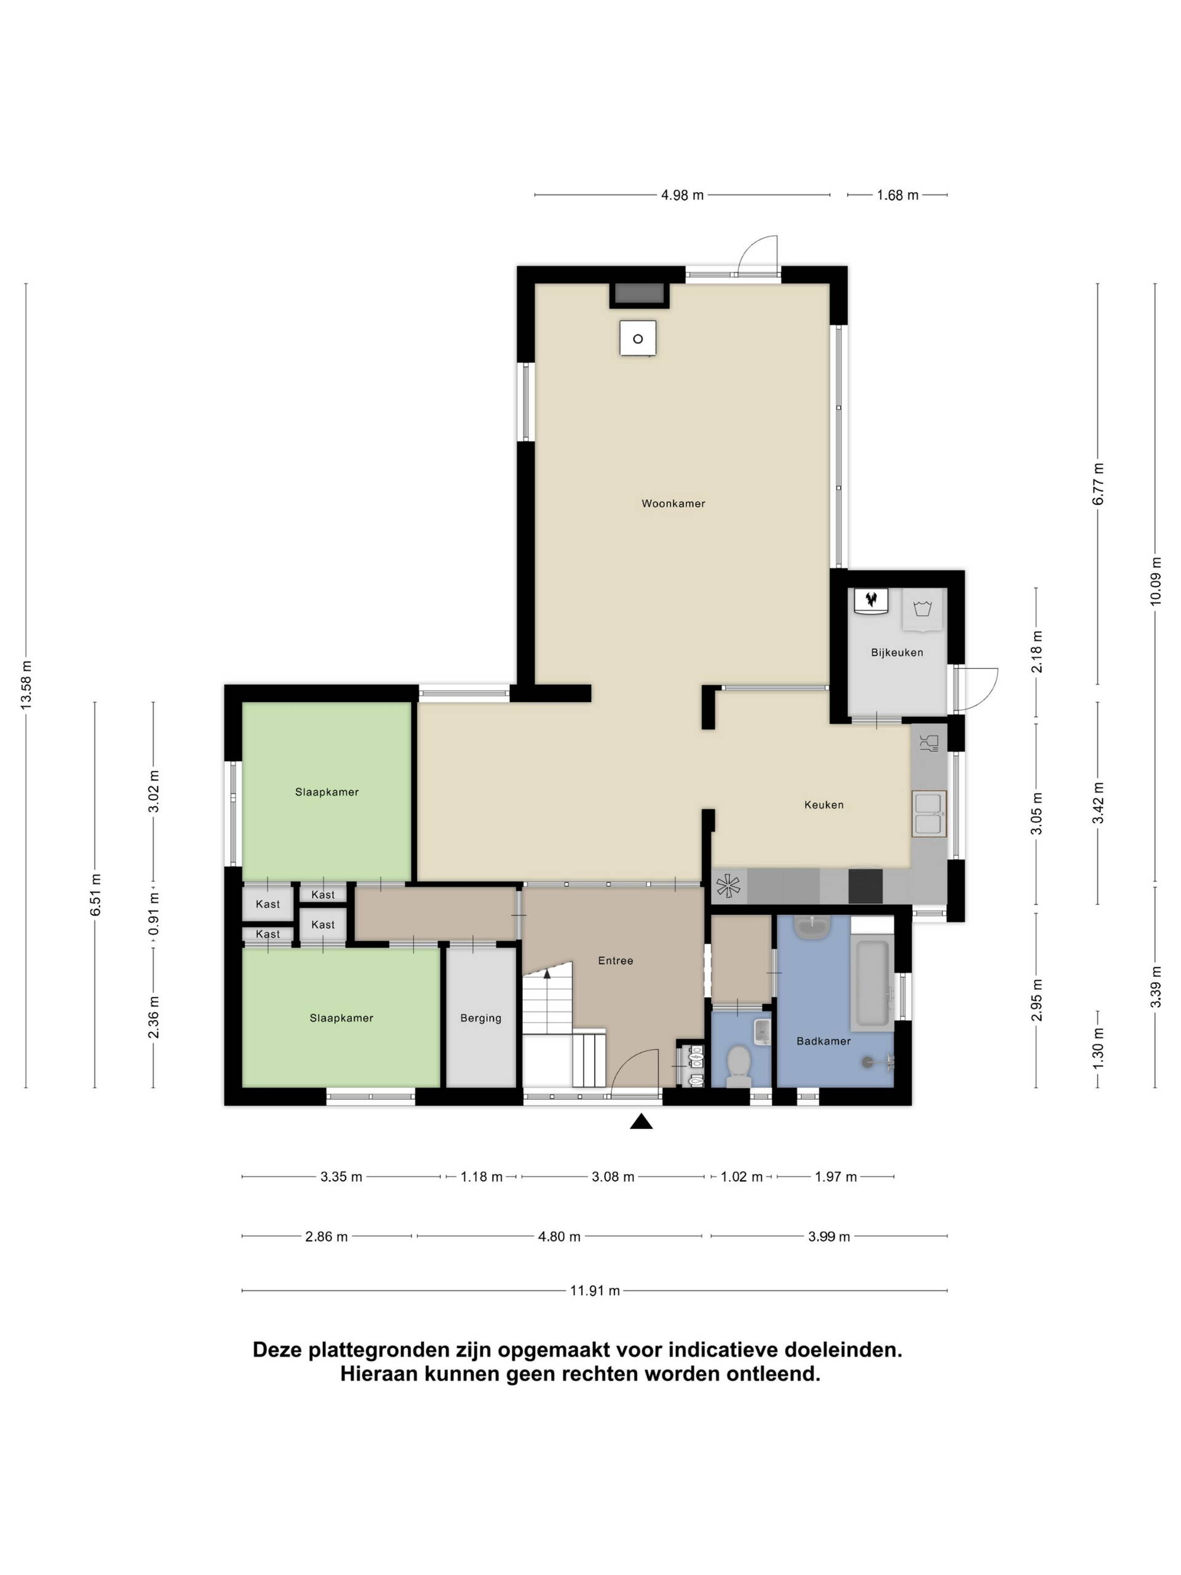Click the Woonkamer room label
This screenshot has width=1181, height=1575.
[673, 503]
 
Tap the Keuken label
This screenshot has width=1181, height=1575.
[824, 805]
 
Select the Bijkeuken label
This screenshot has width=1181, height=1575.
[897, 652]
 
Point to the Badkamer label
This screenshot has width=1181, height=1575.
[824, 1041]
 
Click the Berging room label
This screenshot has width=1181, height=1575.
[480, 1018]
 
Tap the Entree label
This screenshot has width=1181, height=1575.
[615, 960]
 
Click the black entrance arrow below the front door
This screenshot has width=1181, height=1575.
[642, 1122]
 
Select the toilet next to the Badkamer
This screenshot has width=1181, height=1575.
[738, 1066]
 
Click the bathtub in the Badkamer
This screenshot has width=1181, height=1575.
[872, 983]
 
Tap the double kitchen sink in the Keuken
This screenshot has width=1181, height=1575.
[929, 813]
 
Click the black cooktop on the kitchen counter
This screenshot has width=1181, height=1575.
[865, 886]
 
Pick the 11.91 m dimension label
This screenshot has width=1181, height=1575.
[594, 1290]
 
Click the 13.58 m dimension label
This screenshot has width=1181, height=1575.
[26, 684]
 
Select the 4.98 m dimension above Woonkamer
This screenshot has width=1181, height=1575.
[682, 195]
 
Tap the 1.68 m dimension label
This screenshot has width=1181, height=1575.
[897, 195]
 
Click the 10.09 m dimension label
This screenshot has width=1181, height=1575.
[1155, 581]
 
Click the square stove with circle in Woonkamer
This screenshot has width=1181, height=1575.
[638, 338]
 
